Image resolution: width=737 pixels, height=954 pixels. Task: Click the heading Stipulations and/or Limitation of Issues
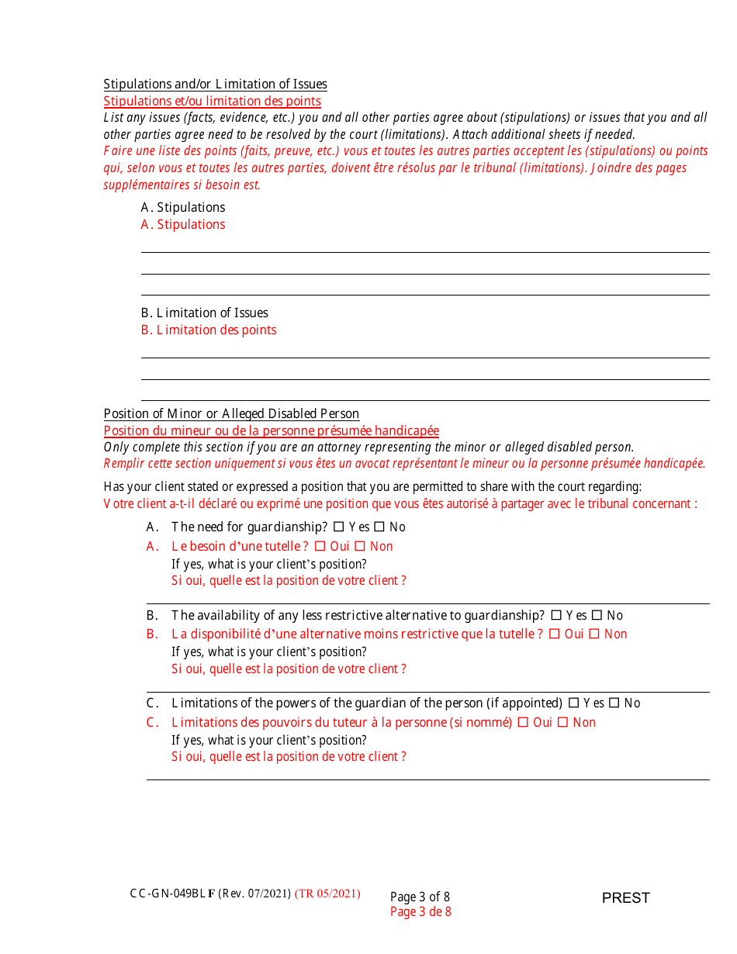[x=215, y=84]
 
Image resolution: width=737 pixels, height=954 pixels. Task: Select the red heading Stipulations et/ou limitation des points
[x=212, y=101]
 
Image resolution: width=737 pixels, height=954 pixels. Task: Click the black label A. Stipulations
[x=183, y=207]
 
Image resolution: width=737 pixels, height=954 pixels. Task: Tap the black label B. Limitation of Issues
[x=204, y=313]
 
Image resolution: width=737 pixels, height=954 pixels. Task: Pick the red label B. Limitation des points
[x=209, y=330]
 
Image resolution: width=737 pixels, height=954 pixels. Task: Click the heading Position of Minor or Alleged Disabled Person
[x=231, y=413]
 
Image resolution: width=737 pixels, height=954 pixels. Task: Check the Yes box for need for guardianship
[x=338, y=527]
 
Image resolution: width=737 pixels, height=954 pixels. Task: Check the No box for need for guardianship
[x=379, y=527]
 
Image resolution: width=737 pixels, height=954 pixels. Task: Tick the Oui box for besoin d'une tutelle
[x=320, y=546]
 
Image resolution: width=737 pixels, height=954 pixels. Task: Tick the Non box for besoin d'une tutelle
[x=360, y=546]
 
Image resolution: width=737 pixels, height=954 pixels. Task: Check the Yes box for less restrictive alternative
[x=555, y=615]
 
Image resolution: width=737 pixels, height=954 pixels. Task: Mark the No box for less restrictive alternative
[x=597, y=615]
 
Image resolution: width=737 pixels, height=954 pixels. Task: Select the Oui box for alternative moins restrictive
[x=554, y=634]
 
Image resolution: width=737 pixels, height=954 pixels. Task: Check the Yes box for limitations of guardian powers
[x=573, y=703]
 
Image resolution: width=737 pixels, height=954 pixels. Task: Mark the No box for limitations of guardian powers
[x=614, y=703]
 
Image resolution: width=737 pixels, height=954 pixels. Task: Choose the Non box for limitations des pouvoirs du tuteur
[x=562, y=722]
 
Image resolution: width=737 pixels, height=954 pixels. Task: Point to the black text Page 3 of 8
[x=420, y=897]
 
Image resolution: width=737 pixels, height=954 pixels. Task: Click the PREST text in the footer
[x=625, y=898]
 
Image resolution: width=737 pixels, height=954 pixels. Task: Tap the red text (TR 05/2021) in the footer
[x=327, y=894]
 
